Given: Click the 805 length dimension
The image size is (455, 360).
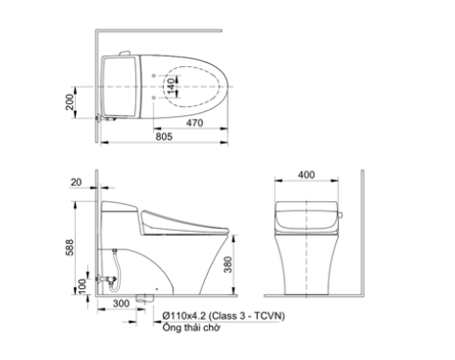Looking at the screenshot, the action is (x=164, y=137).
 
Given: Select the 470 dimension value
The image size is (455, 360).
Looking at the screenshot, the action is (x=194, y=123).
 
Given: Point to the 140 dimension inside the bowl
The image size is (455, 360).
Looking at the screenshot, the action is (x=171, y=86).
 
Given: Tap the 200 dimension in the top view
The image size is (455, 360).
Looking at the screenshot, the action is (x=70, y=102).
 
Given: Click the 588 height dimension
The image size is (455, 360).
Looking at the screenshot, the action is (x=70, y=247).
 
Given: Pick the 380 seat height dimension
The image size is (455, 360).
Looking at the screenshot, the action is (x=227, y=264).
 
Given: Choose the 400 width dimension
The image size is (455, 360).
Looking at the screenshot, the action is (x=307, y=175).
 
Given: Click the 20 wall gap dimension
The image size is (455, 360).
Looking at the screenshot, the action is (x=76, y=182).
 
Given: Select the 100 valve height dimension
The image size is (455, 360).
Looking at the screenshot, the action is (x=82, y=286).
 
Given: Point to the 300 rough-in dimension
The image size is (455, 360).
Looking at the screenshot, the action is (x=121, y=304).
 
